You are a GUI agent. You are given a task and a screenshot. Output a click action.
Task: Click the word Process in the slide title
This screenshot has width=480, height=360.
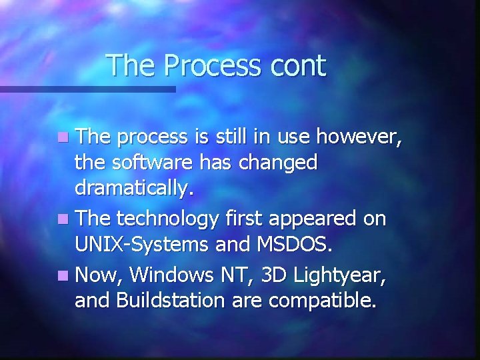pyautogui.click(x=211, y=66)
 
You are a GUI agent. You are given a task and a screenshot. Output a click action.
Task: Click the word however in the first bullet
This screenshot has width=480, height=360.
pyautogui.click(x=359, y=137)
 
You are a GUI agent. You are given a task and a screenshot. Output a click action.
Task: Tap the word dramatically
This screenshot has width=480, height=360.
pyautogui.click(x=135, y=189)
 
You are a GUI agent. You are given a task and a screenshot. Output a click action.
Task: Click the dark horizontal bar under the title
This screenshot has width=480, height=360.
pyautogui.click(x=87, y=89)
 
